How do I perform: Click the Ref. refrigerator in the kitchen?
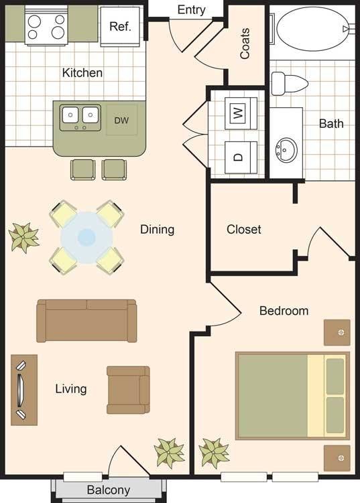[x=120, y=26]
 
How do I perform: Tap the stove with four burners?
[x=46, y=26]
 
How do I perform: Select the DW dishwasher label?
[x=121, y=121]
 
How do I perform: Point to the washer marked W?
[x=241, y=113]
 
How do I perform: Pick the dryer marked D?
[x=241, y=157]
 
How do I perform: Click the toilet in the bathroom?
[x=290, y=83]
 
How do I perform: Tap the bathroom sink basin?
[x=286, y=150]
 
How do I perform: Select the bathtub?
[x=312, y=29]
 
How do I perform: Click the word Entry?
[x=192, y=10]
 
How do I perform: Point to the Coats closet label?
[x=245, y=44]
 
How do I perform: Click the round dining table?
[x=86, y=238]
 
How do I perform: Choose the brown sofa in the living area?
[x=86, y=321]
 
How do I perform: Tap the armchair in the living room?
[x=128, y=390]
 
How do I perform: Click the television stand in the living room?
[x=24, y=390]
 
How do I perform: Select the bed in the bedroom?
[x=292, y=396]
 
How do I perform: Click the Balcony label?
[x=109, y=490]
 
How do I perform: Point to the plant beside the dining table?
[x=23, y=237]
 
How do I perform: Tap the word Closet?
[x=244, y=229]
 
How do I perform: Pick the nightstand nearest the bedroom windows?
[x=337, y=457]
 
